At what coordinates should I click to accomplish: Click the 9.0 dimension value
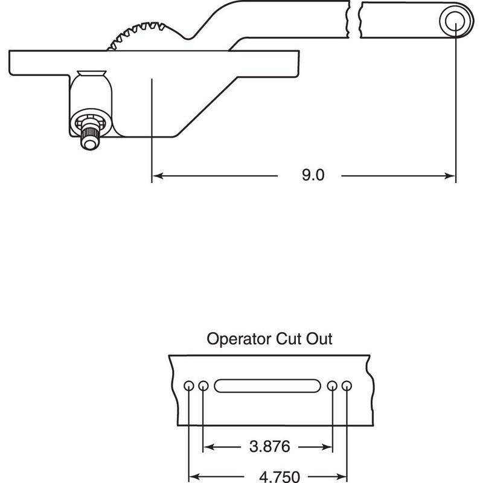click(313, 176)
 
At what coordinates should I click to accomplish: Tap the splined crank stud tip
click(89, 141)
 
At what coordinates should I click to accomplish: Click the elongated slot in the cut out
click(267, 386)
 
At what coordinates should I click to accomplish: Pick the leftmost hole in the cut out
click(190, 386)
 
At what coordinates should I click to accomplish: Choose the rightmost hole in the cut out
click(346, 386)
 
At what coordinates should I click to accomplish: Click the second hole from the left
click(203, 386)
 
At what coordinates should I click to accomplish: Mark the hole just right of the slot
click(332, 386)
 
